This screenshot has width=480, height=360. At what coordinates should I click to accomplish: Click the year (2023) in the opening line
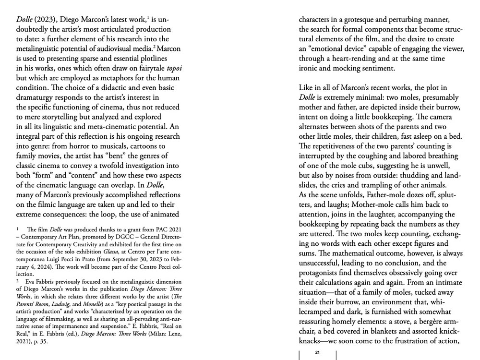pyautogui.click(x=45, y=20)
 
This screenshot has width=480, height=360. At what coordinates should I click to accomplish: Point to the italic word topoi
pyautogui.click(x=172, y=68)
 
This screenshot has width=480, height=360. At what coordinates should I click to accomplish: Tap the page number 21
pyautogui.click(x=317, y=353)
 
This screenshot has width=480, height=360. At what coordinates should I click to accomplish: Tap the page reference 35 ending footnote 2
pyautogui.click(x=44, y=342)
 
